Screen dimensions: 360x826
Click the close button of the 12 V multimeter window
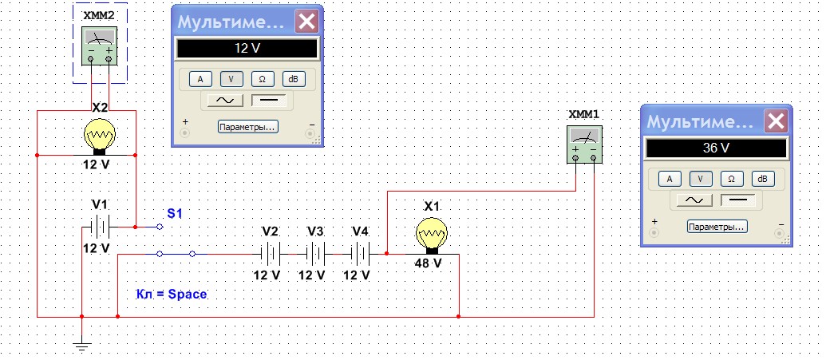(306, 22)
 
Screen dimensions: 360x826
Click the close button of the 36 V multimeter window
(775, 122)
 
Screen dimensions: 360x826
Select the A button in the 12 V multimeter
(200, 78)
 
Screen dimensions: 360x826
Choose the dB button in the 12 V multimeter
(294, 78)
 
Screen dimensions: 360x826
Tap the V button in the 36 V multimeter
(700, 179)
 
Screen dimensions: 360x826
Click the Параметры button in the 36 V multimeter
(717, 227)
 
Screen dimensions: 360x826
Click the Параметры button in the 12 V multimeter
(247, 126)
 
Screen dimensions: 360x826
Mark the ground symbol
(81, 345)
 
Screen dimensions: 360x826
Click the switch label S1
(175, 214)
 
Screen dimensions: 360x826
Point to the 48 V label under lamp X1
(427, 263)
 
